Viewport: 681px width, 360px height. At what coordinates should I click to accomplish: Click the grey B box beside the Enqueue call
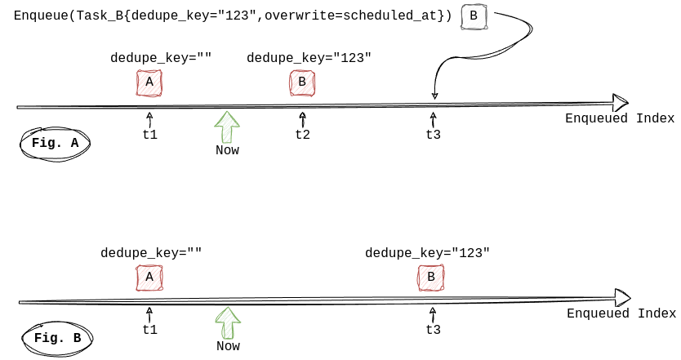[474, 17]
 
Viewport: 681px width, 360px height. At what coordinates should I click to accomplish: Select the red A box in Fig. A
[149, 82]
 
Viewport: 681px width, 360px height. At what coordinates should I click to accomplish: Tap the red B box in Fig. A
[302, 82]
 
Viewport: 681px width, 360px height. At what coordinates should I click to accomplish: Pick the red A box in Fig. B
[149, 278]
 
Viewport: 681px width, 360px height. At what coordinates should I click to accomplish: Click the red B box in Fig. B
[431, 278]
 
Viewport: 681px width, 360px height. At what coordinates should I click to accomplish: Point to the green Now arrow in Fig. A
[227, 127]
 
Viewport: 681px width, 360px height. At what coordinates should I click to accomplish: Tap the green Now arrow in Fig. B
[228, 322]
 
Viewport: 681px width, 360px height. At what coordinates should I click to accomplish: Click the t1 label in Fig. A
[150, 135]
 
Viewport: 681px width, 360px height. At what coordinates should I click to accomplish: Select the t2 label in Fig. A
[303, 135]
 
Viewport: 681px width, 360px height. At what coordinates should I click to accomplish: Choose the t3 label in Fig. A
[434, 135]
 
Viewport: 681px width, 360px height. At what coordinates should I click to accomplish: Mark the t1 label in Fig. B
[150, 330]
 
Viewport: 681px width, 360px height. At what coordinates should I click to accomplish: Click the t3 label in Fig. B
[434, 330]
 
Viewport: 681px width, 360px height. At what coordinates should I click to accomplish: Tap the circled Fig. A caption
[56, 144]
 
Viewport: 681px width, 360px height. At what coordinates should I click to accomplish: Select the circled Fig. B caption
[57, 338]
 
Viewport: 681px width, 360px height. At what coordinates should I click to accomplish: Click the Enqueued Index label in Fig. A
[620, 118]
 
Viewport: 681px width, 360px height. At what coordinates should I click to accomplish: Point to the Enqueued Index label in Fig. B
[621, 313]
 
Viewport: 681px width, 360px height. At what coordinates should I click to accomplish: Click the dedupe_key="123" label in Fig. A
[309, 58]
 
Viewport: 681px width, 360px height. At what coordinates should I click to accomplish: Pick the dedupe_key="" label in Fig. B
[151, 253]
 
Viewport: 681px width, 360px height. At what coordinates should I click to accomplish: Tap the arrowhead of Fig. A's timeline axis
[621, 103]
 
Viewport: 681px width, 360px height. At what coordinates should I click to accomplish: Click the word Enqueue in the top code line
[41, 16]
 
